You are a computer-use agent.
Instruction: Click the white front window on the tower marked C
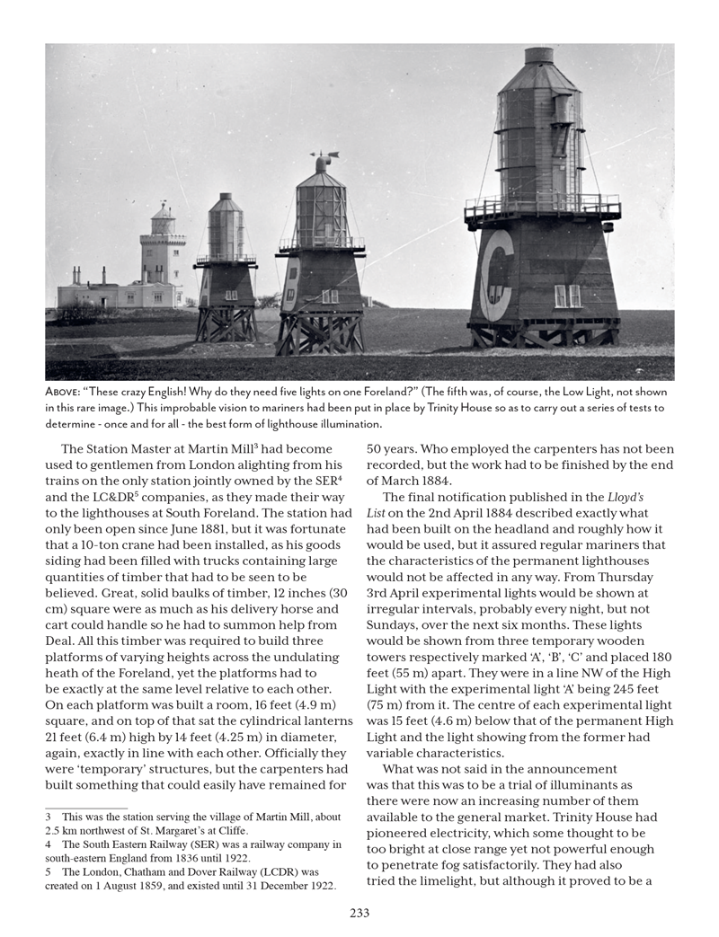point(567,295)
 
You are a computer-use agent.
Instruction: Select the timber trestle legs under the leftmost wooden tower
point(226,324)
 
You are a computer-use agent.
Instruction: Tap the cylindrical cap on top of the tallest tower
point(538,55)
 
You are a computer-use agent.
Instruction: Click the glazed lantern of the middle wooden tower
point(321,208)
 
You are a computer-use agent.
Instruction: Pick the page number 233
point(359,913)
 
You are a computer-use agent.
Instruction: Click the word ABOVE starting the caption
point(66,393)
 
